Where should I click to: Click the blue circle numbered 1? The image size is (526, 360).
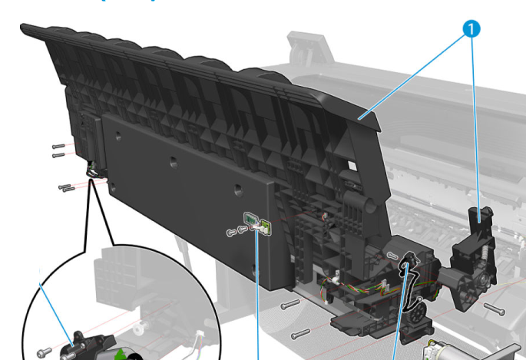(x=472, y=30)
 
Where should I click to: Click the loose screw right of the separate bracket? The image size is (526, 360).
(x=493, y=309)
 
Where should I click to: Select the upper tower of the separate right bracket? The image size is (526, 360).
(x=483, y=218)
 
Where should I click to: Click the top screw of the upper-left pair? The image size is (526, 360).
(x=58, y=145)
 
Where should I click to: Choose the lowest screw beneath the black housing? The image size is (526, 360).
(x=299, y=333)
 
